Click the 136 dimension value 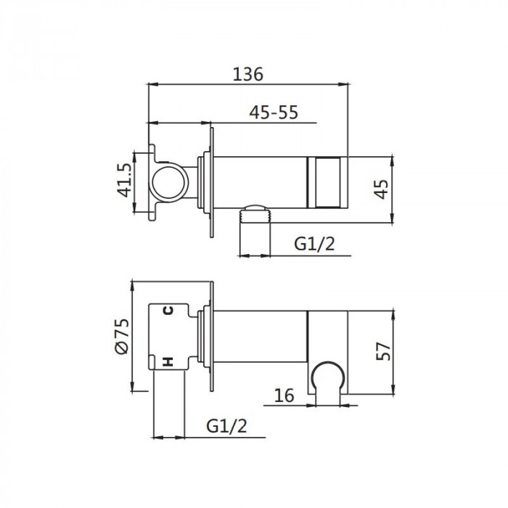click(x=248, y=74)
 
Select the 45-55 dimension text click(x=274, y=112)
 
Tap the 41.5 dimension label click(x=125, y=181)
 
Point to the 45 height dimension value click(x=381, y=189)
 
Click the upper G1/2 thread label click(x=314, y=244)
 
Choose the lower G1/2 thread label click(x=226, y=426)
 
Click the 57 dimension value click(x=384, y=351)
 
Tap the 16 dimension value click(x=284, y=396)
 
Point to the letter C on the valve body click(x=168, y=311)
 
